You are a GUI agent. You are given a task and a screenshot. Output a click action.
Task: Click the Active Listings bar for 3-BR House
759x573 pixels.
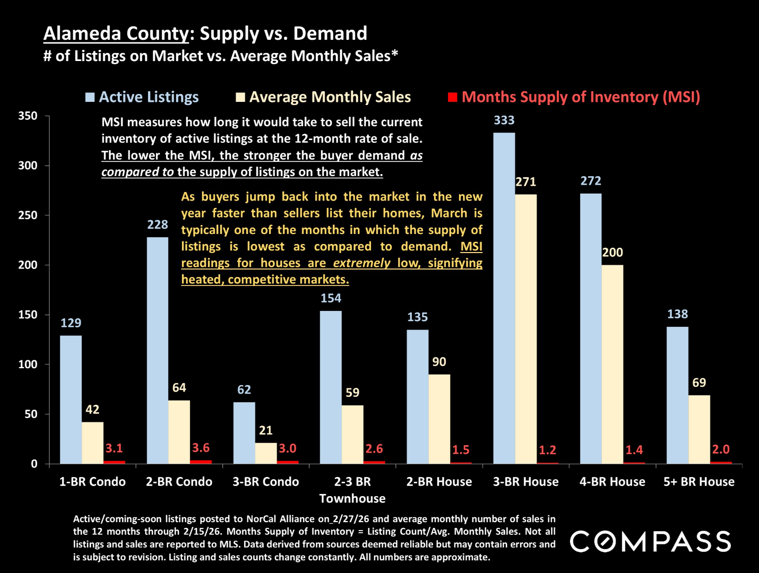point(504,297)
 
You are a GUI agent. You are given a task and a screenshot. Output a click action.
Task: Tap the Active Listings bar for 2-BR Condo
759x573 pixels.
point(157,350)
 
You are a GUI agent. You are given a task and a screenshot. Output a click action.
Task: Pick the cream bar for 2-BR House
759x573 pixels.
point(439,419)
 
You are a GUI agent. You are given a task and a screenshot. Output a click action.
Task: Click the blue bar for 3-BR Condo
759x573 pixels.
point(244,433)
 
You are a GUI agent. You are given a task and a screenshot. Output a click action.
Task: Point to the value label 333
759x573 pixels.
point(504,120)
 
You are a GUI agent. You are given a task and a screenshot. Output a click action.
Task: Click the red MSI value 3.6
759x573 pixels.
point(201,448)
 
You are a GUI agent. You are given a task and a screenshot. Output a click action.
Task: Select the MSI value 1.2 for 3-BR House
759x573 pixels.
point(547,450)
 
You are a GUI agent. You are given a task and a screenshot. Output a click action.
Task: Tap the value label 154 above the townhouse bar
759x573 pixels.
point(331,298)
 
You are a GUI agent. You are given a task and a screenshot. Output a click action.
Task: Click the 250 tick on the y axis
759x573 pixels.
point(28,215)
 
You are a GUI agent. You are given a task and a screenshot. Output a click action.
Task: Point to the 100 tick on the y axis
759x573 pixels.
point(28,364)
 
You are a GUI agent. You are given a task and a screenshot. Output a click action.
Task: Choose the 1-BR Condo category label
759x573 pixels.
point(92,482)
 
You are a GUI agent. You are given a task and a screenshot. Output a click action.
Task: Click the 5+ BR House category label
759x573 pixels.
point(699,482)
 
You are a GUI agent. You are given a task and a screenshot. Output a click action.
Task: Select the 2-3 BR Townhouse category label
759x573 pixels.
point(352,490)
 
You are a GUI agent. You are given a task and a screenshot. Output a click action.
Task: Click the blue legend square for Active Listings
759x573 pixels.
point(90,97)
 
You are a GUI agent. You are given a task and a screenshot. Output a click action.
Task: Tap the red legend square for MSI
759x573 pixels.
point(452,97)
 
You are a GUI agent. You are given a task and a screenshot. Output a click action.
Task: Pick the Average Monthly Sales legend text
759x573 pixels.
point(330,97)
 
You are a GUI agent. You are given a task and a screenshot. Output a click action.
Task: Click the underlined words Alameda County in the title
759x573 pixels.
point(116,33)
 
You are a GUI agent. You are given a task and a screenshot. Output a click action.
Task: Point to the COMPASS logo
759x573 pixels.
point(650,542)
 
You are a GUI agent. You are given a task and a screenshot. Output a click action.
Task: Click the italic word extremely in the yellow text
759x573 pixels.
point(361,263)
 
